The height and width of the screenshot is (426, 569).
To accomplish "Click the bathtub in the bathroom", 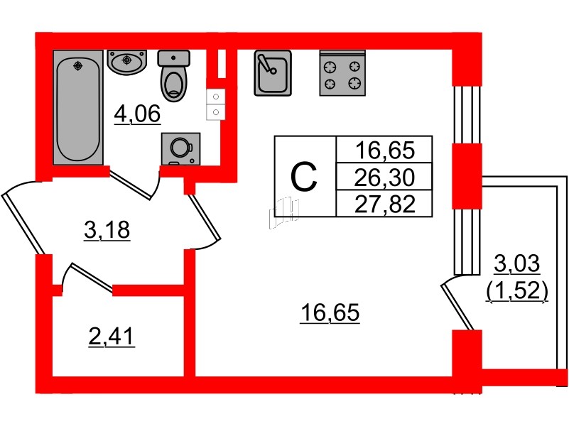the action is point(78,107).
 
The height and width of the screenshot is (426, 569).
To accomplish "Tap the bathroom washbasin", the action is point(127,62).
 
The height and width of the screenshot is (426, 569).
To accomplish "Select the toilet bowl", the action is point(174,76).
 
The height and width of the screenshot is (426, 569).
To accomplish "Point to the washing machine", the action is point(180,148).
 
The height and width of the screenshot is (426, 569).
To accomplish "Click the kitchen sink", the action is point(273,73).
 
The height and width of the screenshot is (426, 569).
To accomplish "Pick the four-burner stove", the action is point(342,73).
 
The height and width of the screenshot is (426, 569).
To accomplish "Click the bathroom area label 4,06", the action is point(137,114).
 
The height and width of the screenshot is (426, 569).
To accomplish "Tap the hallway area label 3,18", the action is point(107,230).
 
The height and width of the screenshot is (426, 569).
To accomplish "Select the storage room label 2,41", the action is point(112,337).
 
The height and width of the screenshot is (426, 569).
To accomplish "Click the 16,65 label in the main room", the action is point(330,312).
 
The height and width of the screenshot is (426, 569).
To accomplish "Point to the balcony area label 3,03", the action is point(517,263).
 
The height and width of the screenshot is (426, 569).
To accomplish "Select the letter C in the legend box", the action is point(304,177).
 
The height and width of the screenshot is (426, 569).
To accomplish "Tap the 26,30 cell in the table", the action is point(384,177).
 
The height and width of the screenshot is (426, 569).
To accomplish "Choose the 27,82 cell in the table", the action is point(384,203).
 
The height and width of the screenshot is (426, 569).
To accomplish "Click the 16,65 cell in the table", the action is point(384,150).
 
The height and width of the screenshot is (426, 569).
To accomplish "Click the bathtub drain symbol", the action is point(77,65).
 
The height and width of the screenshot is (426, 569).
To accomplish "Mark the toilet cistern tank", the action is point(174,58).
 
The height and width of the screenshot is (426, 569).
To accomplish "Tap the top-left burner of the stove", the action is point(330,67).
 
